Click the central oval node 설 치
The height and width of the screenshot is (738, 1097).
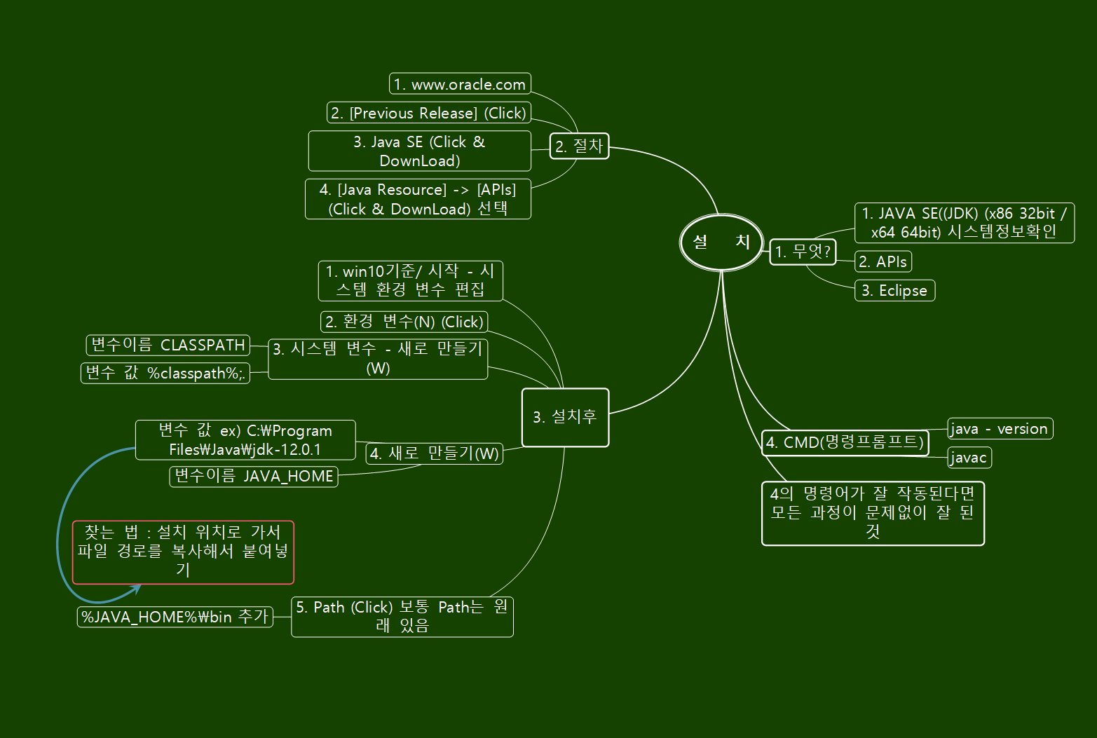click(721, 242)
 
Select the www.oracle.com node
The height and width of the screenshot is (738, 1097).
click(460, 84)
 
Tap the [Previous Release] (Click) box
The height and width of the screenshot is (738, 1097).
click(428, 113)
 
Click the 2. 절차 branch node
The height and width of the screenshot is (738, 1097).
click(579, 146)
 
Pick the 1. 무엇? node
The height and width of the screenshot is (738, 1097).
click(803, 252)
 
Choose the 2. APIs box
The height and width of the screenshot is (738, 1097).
click(883, 261)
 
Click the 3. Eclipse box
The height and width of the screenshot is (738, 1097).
click(894, 290)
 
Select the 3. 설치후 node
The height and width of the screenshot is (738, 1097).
click(565, 417)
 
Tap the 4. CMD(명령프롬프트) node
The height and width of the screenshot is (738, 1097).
click(845, 442)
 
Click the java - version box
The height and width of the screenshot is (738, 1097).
click(1000, 428)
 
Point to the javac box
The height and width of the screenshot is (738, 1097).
click(969, 458)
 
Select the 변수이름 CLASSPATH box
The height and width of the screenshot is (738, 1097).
click(168, 345)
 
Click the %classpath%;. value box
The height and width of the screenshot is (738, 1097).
click(165, 373)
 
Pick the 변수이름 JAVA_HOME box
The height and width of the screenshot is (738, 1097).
click(254, 477)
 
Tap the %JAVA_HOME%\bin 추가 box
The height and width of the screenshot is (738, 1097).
click(175, 617)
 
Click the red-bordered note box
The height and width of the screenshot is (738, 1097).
click(183, 552)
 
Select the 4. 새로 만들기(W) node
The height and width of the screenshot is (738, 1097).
click(435, 453)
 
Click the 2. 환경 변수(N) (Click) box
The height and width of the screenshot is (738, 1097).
click(404, 322)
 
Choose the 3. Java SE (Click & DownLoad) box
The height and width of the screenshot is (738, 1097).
click(419, 151)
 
